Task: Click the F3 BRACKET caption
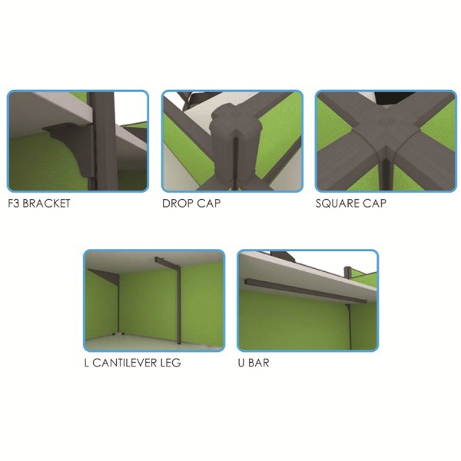(x=39, y=204)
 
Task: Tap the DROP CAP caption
(x=191, y=204)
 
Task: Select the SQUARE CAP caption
(x=351, y=204)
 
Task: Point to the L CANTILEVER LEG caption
(x=132, y=363)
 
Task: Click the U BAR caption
(x=254, y=363)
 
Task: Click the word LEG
(x=171, y=363)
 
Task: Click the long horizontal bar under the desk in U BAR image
(x=306, y=290)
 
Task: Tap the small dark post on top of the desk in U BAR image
(x=348, y=273)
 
